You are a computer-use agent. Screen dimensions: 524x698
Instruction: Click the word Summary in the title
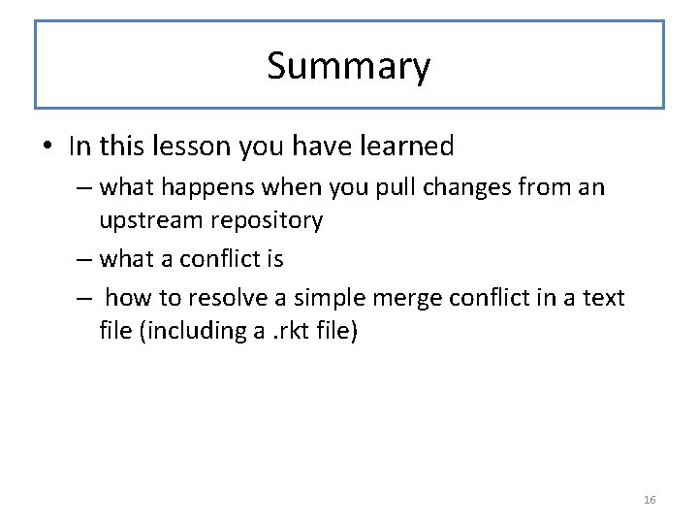(x=348, y=66)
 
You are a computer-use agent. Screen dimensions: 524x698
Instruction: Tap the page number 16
(x=650, y=500)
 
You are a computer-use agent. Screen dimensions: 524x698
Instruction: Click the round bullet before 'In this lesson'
(x=48, y=147)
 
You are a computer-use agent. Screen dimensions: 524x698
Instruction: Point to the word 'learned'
(x=407, y=147)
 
